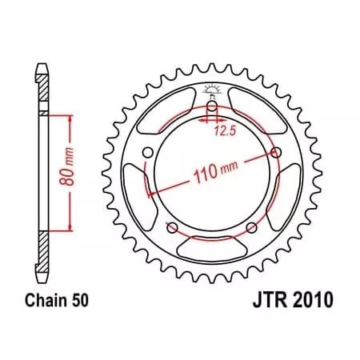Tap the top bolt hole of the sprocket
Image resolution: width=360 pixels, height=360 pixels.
coord(212,105)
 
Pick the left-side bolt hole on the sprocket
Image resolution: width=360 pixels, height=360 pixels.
coord(147,152)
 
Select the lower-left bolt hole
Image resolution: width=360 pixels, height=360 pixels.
coord(172,229)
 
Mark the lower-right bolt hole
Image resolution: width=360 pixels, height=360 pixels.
coord(252,229)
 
